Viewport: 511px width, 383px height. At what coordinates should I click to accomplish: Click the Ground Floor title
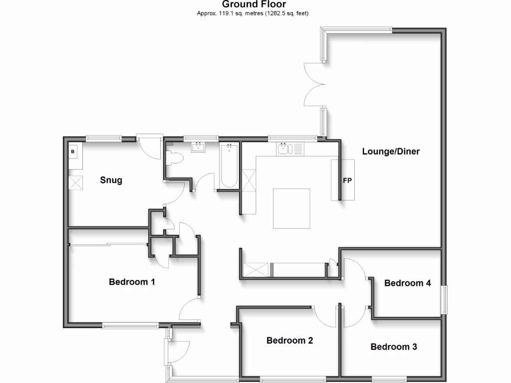pyautogui.click(x=254, y=4)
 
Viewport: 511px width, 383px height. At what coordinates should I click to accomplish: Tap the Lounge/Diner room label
pyautogui.click(x=391, y=152)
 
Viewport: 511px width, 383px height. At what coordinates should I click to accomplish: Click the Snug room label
pyautogui.click(x=111, y=180)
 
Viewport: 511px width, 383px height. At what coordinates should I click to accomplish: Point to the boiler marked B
pyautogui.click(x=73, y=151)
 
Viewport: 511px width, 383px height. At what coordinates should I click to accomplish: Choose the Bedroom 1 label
pyautogui.click(x=132, y=282)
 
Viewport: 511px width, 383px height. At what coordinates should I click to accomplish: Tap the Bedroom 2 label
pyautogui.click(x=289, y=341)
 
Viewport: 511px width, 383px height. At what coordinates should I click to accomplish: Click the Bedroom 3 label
pyautogui.click(x=394, y=347)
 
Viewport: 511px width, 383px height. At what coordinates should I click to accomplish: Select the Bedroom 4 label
pyautogui.click(x=407, y=283)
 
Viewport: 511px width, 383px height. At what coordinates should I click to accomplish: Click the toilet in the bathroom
pyautogui.click(x=175, y=158)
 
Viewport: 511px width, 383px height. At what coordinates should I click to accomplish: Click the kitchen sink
pyautogui.click(x=284, y=149)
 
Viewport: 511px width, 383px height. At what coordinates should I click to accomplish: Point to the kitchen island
pyautogui.click(x=291, y=208)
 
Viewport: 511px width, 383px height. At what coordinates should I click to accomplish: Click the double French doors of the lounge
pyautogui.click(x=314, y=85)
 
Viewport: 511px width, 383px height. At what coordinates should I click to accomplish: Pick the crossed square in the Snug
pyautogui.click(x=76, y=183)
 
